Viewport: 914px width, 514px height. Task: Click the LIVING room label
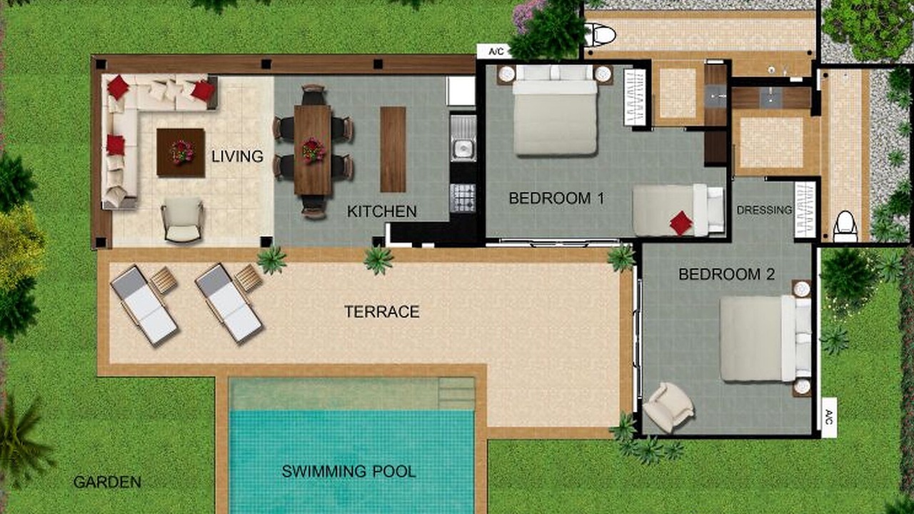coord(237,156)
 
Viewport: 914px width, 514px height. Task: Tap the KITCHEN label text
coord(381,211)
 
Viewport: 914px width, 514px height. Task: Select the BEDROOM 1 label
coord(556,198)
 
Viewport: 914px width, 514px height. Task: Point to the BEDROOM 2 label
coord(726,274)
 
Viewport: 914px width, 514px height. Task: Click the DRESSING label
coord(764,210)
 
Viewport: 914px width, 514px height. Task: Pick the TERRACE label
coord(382,312)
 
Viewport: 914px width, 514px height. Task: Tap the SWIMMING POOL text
coord(349,472)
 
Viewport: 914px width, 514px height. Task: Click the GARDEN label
coord(107,482)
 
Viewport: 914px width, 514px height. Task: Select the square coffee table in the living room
coord(181,153)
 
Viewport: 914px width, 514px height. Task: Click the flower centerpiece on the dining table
coord(313,151)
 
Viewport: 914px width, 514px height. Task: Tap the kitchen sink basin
coord(463,148)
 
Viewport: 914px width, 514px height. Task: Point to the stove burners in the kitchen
coord(463,198)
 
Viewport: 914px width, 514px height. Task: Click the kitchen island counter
coord(393,149)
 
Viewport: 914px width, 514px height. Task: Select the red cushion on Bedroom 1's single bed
coord(681,223)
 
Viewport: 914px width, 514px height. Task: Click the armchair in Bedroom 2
coord(668,407)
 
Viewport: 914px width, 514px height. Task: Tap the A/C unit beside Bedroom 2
coord(829,417)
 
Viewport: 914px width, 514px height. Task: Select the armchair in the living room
coord(183,221)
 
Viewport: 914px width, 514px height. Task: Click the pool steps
coord(456,394)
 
